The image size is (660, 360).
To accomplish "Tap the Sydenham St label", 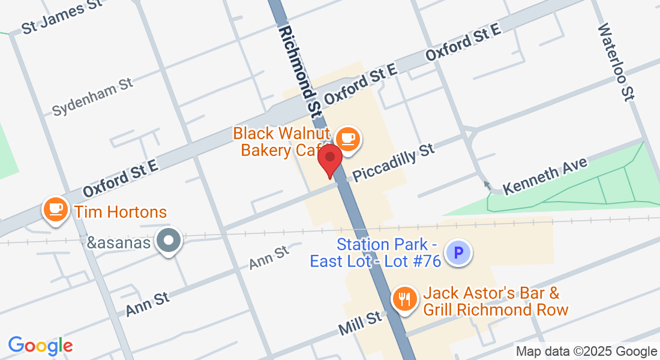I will tap(92, 97).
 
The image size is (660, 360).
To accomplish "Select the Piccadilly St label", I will tap(394, 162).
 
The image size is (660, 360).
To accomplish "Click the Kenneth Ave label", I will tap(545, 176).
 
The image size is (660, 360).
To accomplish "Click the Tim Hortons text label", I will tap(119, 212).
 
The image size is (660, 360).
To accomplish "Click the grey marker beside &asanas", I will tap(169, 241).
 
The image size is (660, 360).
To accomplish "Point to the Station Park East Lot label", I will tap(376, 253).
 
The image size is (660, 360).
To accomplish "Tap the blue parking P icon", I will tap(460, 253).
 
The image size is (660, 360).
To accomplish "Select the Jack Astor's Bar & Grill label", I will tap(495, 302).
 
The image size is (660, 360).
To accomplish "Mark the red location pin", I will tap(329, 160).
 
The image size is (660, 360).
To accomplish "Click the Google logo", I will tap(40, 345).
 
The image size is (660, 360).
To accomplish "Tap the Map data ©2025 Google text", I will tap(587, 352).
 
